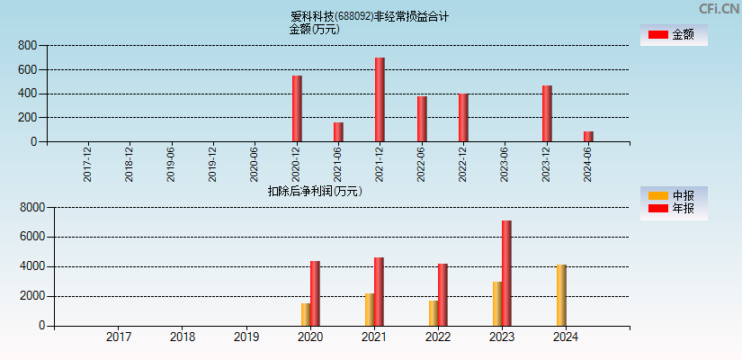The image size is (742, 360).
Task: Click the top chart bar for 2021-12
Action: point(380,100)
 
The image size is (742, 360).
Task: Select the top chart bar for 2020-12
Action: point(297,109)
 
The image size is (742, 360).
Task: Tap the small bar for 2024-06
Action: point(588,137)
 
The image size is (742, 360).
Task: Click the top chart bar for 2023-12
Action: point(547,113)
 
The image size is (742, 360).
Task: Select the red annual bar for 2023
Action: point(506,274)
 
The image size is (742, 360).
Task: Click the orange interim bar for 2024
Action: point(561,295)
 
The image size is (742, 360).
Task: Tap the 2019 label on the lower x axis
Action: point(246,337)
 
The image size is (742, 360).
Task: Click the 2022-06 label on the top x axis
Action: point(422,165)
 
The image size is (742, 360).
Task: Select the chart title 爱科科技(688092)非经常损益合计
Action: point(370,16)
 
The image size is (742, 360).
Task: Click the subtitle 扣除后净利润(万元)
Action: point(314,191)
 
